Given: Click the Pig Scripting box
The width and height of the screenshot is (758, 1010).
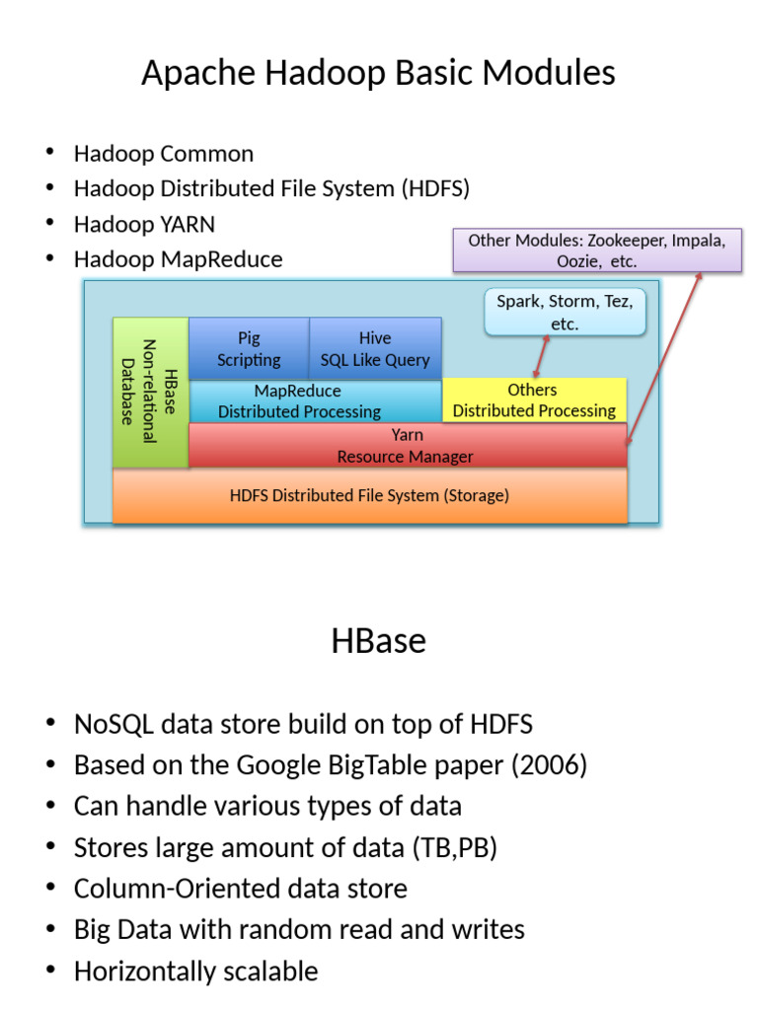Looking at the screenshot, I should [249, 348].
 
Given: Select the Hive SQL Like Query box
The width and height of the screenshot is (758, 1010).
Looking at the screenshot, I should [375, 348].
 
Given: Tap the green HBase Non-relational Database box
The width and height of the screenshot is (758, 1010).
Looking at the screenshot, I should [150, 392].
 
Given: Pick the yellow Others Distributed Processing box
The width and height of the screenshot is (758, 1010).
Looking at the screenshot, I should [533, 400].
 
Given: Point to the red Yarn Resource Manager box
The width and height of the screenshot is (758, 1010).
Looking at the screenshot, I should [406, 446].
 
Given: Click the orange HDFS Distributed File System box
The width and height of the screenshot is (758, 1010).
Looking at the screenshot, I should [370, 495].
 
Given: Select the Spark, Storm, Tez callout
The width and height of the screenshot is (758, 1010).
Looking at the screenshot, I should [565, 311].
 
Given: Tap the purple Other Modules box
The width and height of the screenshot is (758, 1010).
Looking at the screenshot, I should [596, 251].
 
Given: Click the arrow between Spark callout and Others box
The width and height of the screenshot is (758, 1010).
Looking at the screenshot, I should [540, 356].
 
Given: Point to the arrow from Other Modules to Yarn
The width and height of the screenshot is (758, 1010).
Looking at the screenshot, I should [663, 357].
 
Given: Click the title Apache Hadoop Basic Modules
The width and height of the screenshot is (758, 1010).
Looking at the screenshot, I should [378, 72].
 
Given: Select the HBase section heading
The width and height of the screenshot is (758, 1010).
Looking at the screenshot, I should [378, 641].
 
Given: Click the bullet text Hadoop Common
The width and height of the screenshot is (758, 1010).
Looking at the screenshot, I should [163, 153].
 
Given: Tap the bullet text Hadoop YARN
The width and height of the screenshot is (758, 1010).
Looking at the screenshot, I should [143, 224].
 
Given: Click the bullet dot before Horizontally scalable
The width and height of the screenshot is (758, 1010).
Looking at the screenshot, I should [50, 972].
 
